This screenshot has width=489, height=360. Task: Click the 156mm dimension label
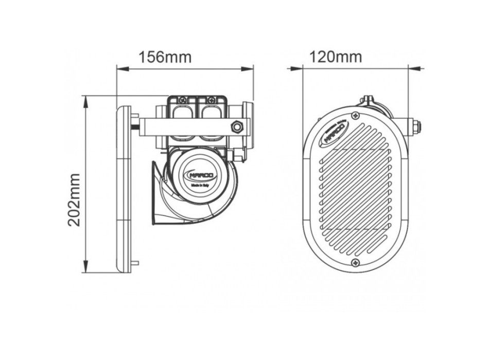165,57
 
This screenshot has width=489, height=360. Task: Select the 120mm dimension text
336,57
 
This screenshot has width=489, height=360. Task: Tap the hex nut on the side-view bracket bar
237,126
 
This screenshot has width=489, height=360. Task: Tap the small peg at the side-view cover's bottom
135,263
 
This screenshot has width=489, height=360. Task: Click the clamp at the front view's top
367,101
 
